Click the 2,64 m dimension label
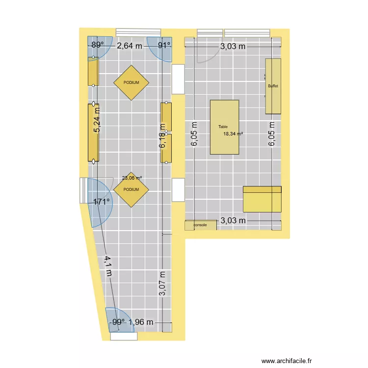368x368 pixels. point(130,46)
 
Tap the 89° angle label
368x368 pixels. point(98,46)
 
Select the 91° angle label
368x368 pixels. point(164,46)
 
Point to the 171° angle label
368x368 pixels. point(102,201)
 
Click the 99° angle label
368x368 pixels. point(118,322)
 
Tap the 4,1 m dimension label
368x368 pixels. point(108,265)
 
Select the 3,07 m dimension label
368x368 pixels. point(162,284)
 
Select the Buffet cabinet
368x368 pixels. point(273,86)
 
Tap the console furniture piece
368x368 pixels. point(200,225)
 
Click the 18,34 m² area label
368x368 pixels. point(234,133)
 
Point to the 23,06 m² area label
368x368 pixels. point(132,179)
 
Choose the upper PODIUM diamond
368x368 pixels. point(131,82)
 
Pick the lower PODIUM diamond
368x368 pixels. point(131,189)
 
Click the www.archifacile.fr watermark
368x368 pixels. point(287,360)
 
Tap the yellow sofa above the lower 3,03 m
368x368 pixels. point(262,199)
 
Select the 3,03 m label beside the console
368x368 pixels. point(233,221)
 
